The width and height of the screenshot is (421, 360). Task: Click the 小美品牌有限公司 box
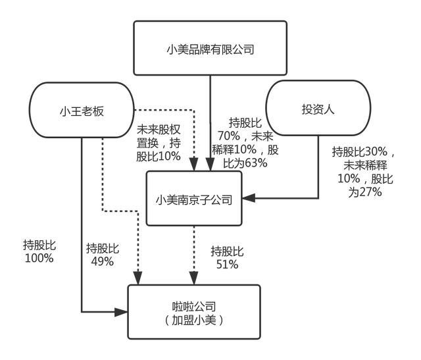(210, 48)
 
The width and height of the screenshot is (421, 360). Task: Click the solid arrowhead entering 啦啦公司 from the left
(122, 311)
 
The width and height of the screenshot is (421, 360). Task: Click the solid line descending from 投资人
(318, 165)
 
